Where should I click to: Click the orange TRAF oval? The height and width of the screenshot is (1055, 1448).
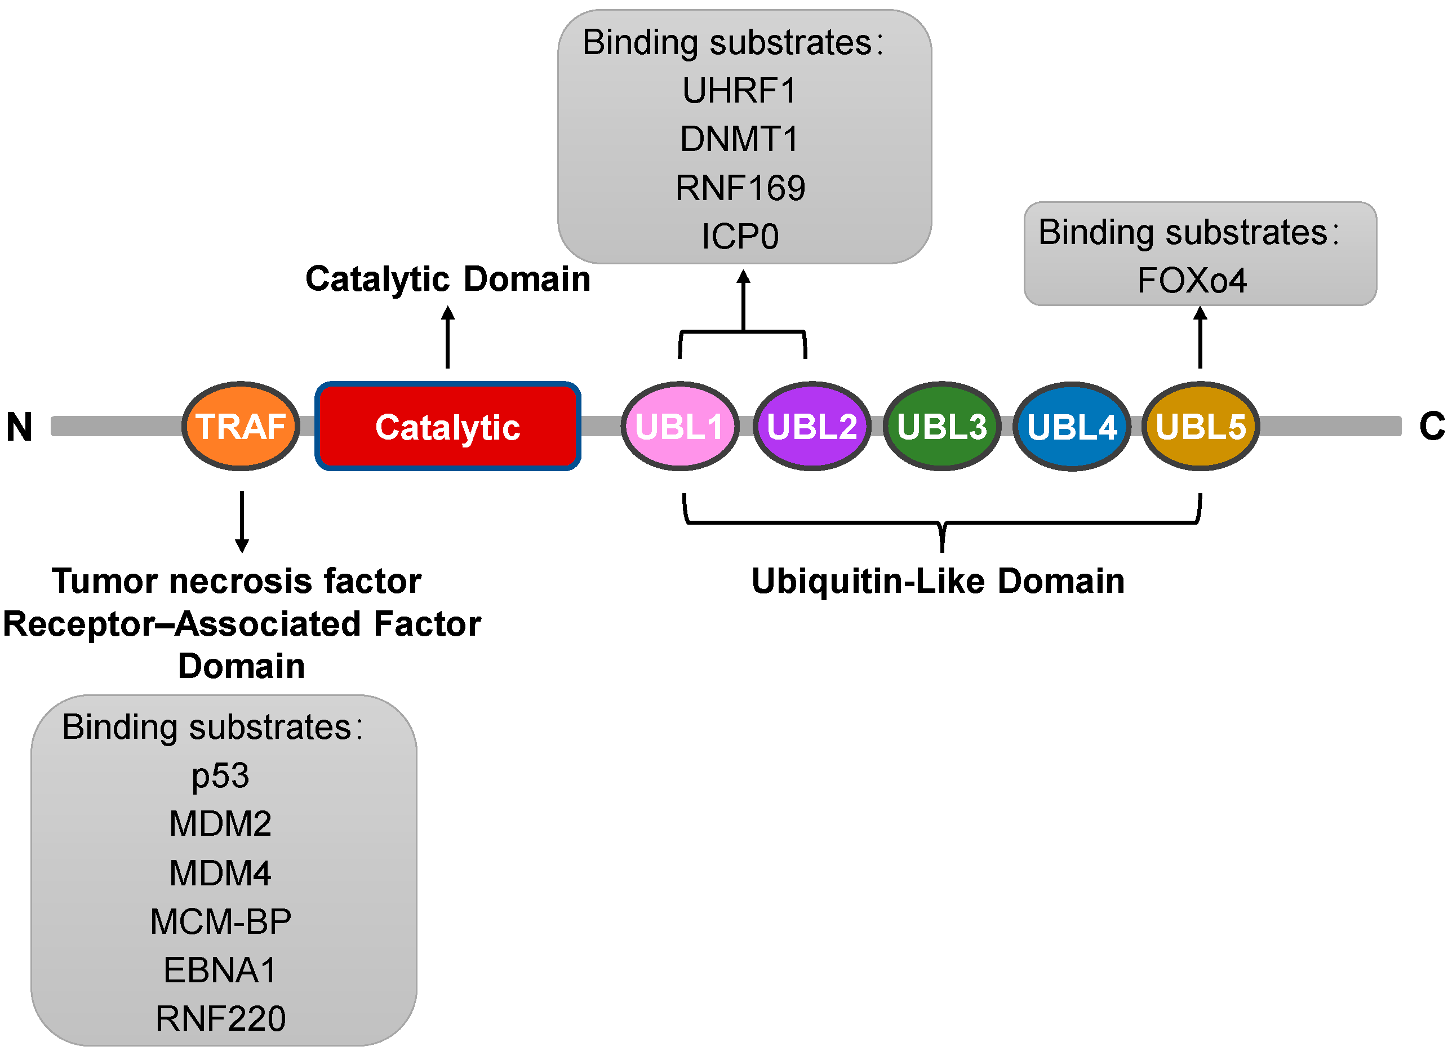[x=241, y=427]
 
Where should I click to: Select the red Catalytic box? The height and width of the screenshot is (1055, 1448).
[x=447, y=427]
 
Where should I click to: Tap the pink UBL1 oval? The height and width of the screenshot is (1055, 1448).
[x=680, y=427]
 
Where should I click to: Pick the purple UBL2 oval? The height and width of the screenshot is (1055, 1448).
[x=811, y=427]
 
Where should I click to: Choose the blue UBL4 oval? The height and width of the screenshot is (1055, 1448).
[x=1072, y=427]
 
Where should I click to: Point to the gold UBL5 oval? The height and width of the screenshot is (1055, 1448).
[x=1200, y=427]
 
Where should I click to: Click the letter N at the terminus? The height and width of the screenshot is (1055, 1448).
[x=19, y=427]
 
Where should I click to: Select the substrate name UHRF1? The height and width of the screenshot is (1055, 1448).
[x=740, y=91]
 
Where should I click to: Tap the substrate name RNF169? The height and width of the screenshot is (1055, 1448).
[x=740, y=188]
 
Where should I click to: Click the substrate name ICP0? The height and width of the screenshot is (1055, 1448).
[x=740, y=237]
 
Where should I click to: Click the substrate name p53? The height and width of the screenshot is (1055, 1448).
[x=220, y=777]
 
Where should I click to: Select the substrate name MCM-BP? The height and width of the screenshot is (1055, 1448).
[x=220, y=922]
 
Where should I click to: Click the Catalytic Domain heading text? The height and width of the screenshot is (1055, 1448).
[x=447, y=279]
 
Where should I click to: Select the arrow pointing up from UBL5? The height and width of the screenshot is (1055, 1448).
[x=1200, y=337]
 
